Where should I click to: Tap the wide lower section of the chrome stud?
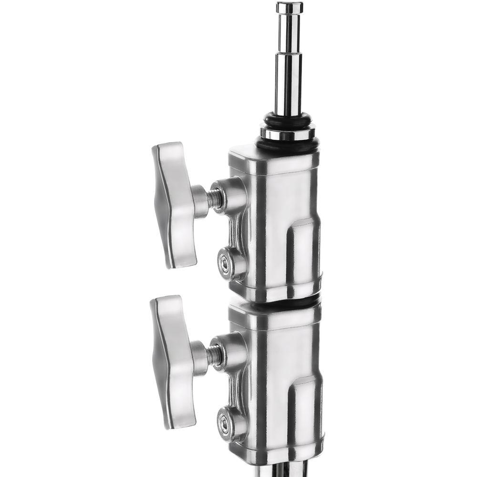(x=288, y=86)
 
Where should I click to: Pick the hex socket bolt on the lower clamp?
(x=223, y=421)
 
